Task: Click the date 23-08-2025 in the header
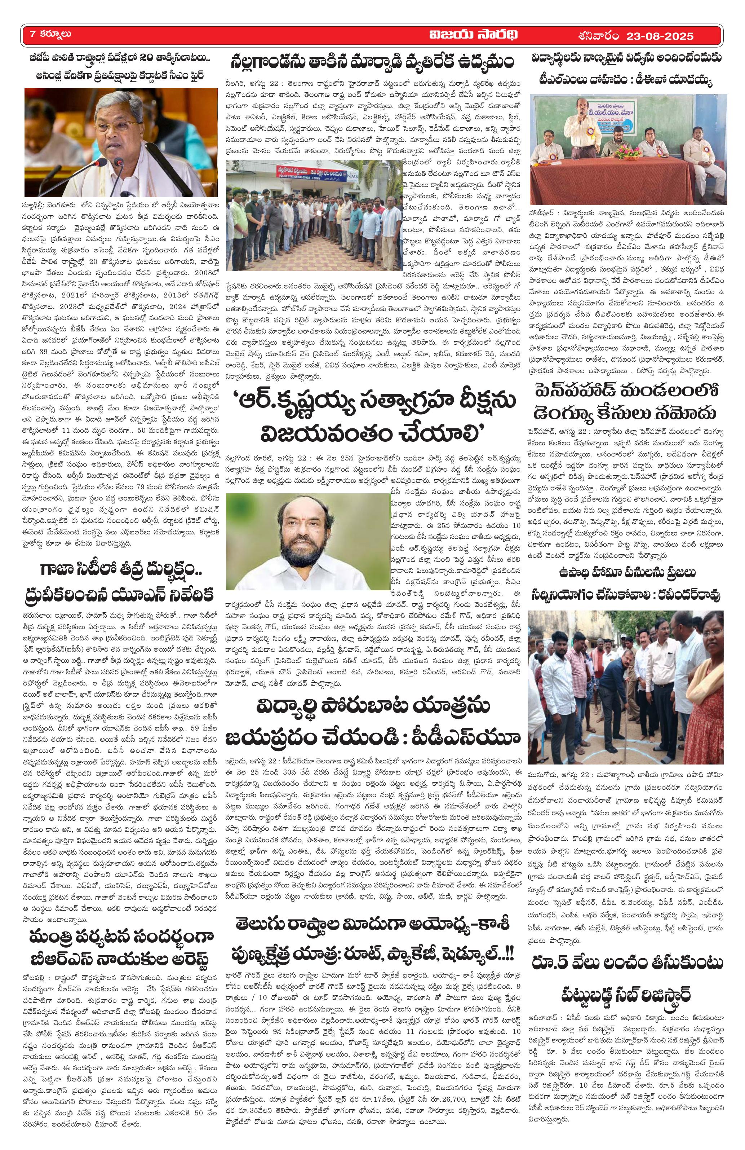pyautogui.click(x=659, y=36)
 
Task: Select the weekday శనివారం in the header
pyautogui.click(x=598, y=36)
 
